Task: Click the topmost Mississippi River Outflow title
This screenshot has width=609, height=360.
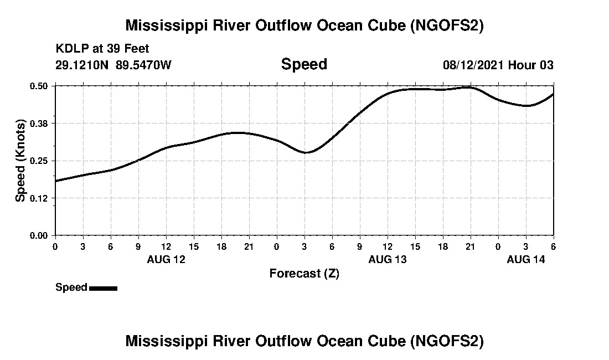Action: point(304,25)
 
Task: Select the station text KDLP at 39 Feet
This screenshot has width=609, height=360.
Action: point(102,49)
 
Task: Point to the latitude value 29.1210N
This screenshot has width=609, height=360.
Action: point(83,65)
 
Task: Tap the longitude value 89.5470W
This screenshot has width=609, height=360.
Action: point(143,65)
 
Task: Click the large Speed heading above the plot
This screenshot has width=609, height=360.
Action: point(304,64)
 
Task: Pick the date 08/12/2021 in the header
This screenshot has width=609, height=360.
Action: point(473,65)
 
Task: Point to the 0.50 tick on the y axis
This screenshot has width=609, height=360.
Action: point(38,86)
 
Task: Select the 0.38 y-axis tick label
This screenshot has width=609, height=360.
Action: point(38,123)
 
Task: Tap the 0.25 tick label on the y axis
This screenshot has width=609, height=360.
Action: point(38,161)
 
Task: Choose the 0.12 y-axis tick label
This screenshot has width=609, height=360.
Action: point(38,198)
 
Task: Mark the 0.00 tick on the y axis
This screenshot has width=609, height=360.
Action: point(38,235)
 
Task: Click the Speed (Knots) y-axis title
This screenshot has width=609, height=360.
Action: point(20,160)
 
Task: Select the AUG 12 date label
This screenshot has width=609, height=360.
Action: point(166,259)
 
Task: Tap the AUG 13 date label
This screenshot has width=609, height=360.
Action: point(388,259)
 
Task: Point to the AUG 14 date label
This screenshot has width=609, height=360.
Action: point(526,259)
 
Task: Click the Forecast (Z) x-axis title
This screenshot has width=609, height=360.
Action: point(304,273)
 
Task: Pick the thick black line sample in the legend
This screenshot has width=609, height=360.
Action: point(103,288)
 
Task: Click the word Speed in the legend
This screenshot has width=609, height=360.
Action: point(71,287)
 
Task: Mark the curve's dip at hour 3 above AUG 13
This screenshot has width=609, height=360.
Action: point(306,152)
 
